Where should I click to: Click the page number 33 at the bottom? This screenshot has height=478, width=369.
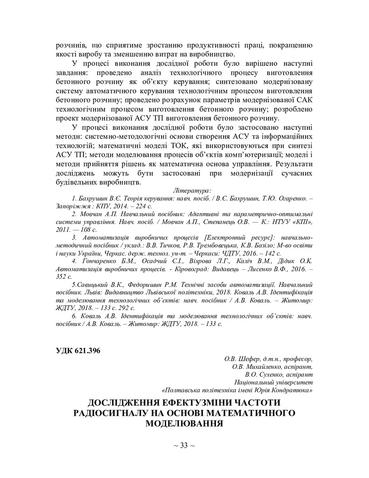[x=184, y=445]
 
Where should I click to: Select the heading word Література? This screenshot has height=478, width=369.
[x=192, y=190]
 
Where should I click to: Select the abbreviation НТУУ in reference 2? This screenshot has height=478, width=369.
[x=275, y=221]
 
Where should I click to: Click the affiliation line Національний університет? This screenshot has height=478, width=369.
[x=274, y=382]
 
